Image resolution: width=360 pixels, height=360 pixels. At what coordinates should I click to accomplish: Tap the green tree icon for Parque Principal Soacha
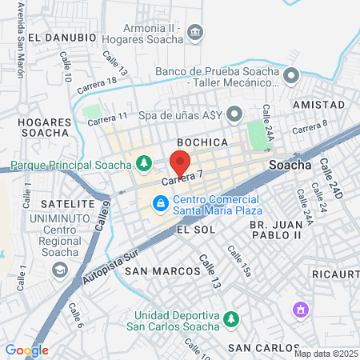click(x=144, y=165)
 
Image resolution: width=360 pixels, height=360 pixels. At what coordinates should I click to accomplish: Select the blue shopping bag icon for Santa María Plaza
click(x=162, y=204)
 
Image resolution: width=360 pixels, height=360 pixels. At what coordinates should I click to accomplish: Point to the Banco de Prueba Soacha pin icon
click(x=291, y=76)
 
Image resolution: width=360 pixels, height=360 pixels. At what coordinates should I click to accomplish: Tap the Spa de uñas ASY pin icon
click(x=234, y=114)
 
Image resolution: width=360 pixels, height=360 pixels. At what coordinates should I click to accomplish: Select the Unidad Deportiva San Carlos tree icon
click(x=231, y=319)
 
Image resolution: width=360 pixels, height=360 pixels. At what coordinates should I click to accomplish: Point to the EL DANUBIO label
click(x=62, y=38)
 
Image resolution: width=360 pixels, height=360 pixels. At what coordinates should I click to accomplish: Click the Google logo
click(x=26, y=350)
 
